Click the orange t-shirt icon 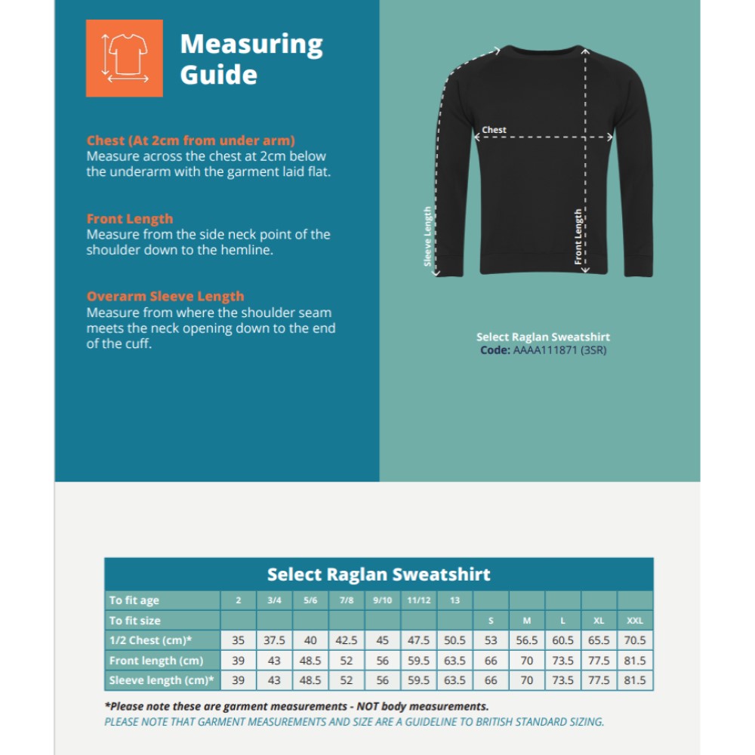tap(125, 58)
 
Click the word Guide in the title tap(218, 75)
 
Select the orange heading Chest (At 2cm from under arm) tap(190, 140)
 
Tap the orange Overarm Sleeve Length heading tap(165, 297)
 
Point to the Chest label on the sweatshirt tap(495, 130)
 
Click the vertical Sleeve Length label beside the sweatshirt tap(428, 236)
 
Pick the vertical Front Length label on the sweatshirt tap(578, 236)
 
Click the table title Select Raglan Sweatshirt tap(378, 575)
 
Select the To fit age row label tap(134, 600)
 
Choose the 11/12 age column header tap(418, 600)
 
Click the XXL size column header tap(635, 621)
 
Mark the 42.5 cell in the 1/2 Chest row tap(347, 640)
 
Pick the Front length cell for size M tap(527, 661)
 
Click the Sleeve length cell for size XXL tap(635, 680)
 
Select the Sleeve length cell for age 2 tap(239, 680)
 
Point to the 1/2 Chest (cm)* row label tap(150, 640)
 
